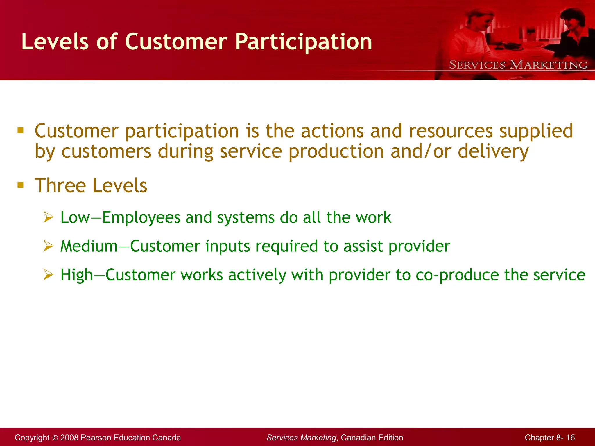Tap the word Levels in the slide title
tap(55, 42)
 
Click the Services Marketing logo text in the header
tap(518, 65)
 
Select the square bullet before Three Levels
tap(20, 185)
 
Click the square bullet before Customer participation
tap(20, 130)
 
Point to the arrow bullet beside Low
tap(49, 217)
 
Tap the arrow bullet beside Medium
tap(49, 246)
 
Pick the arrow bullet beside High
tap(49, 275)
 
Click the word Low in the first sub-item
tap(75, 217)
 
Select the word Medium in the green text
tap(89, 246)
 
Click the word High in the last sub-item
tap(76, 275)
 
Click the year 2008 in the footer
tap(69, 438)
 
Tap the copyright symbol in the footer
tap(55, 438)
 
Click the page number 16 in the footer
tap(570, 438)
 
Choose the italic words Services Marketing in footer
tap(301, 438)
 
